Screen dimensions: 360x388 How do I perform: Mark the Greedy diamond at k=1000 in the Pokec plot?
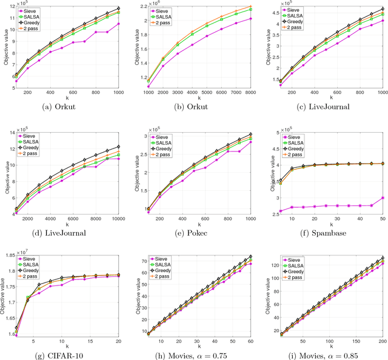coord(252,134)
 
